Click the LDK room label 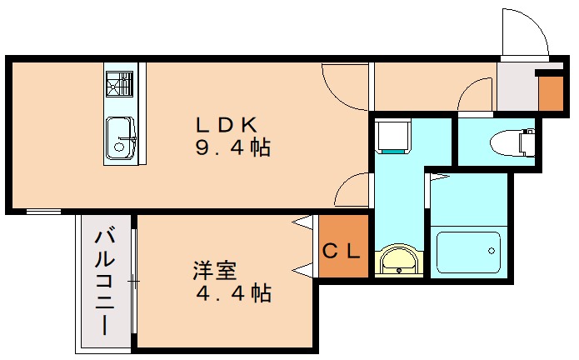[225, 125]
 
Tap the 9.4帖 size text [232, 149]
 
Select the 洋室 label [215, 271]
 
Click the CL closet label [342, 249]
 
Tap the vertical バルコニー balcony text [106, 281]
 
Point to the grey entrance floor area [515, 87]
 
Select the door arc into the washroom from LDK [352, 191]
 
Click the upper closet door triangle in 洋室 [303, 223]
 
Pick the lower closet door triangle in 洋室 [303, 268]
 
